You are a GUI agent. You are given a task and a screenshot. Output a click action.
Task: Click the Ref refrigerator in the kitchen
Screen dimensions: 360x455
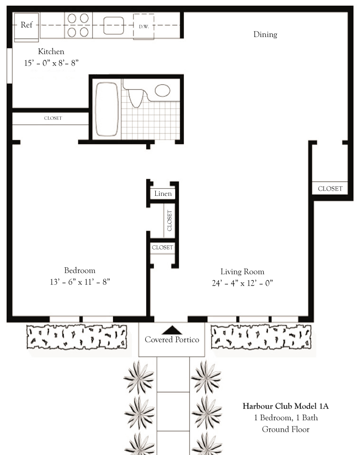(27, 27)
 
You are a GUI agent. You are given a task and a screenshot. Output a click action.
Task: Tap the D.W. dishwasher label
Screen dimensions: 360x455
(144, 27)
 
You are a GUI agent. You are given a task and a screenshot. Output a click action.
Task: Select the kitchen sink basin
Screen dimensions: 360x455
(114, 26)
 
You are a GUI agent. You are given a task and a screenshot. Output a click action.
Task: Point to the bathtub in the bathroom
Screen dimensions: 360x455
(107, 109)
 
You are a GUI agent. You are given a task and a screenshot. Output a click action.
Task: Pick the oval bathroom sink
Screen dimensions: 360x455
(162, 90)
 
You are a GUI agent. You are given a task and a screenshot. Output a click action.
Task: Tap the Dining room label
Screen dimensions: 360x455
(265, 35)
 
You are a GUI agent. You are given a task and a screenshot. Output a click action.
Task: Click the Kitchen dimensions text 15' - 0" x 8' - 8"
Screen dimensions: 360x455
(51, 63)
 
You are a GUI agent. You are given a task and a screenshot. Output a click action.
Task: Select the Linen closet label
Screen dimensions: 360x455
(163, 194)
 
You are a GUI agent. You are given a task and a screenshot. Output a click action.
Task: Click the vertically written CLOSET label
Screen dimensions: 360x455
(170, 221)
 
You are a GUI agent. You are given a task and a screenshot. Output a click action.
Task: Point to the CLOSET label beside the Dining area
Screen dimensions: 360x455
(330, 189)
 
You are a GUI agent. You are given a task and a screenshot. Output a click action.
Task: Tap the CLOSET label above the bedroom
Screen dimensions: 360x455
(53, 118)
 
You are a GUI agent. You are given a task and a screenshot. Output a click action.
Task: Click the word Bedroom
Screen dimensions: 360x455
(80, 271)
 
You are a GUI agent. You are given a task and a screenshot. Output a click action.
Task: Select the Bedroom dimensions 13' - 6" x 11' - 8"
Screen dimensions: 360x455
(80, 282)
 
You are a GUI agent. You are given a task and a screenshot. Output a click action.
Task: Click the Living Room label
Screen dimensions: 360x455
(242, 272)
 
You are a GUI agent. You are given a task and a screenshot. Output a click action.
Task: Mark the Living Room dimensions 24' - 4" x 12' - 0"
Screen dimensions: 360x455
(242, 283)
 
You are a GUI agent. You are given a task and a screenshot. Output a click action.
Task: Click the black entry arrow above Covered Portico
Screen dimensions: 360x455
(172, 330)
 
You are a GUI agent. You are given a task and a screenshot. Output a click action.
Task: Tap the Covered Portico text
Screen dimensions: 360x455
(172, 340)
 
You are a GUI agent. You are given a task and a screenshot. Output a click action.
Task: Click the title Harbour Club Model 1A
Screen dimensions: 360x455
(286, 406)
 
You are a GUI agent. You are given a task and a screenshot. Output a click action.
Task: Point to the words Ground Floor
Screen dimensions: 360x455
(286, 429)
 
